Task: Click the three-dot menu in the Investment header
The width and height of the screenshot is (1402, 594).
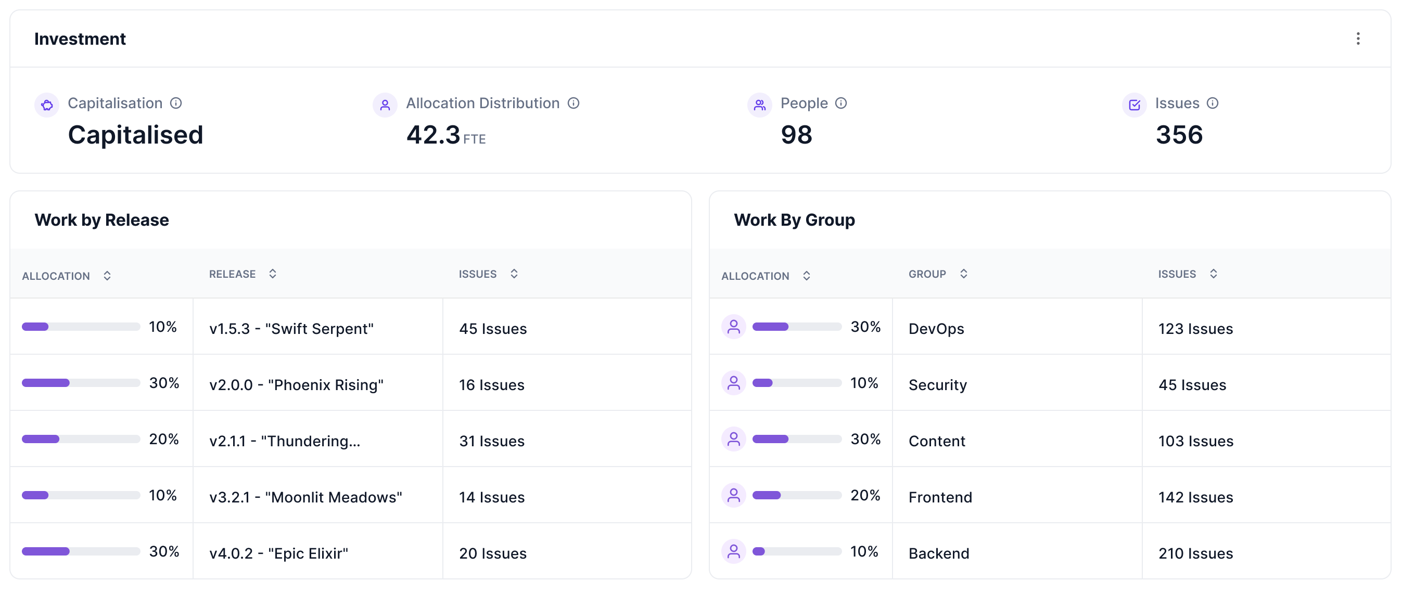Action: pos(1358,38)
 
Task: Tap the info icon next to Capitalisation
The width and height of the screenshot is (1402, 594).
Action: pos(176,103)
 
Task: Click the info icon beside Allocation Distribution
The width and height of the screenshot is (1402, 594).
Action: pos(573,103)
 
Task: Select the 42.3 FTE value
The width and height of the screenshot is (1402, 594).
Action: pos(445,135)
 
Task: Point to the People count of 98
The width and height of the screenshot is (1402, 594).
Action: pos(796,135)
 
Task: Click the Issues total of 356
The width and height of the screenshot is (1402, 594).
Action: pos(1179,135)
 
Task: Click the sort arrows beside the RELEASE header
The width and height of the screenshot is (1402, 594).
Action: pos(273,274)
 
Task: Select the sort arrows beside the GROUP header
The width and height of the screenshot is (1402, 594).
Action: pos(963,274)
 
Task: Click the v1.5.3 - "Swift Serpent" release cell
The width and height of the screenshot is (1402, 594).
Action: pos(291,329)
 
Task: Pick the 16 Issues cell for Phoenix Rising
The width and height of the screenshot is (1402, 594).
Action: pos(491,384)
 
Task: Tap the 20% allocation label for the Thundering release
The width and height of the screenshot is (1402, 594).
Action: pos(164,439)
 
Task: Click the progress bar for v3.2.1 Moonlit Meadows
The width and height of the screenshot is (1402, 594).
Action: pos(81,495)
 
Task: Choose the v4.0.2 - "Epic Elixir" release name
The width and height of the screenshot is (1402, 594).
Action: pos(278,553)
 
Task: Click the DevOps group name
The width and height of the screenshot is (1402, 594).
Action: pos(936,329)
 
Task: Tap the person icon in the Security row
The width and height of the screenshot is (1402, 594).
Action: pos(734,383)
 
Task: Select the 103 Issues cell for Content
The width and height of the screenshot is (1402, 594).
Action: pos(1195,441)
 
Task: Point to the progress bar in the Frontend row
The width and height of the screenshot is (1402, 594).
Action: pos(797,495)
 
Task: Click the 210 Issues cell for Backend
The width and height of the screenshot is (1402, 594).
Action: pos(1195,553)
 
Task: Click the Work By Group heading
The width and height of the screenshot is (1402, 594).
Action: pos(794,219)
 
